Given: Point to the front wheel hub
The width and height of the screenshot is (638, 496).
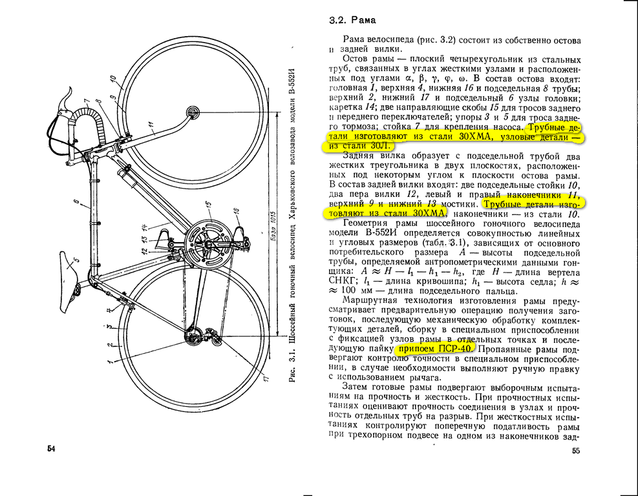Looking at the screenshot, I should [192, 113].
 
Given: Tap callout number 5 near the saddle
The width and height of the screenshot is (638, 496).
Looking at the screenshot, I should [77, 260].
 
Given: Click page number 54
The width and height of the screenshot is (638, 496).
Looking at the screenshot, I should [50, 448].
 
